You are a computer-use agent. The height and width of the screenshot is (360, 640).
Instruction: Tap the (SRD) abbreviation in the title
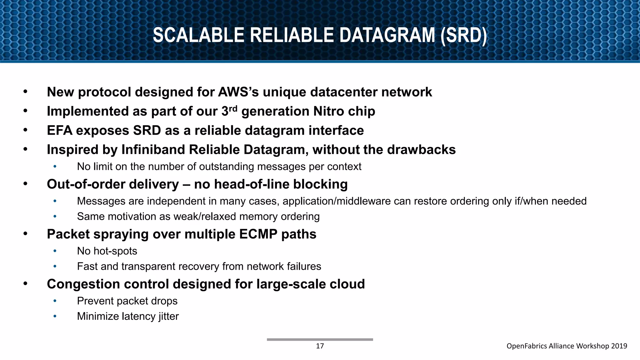coord(463,35)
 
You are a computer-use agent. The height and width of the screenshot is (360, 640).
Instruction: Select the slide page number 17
coord(320,346)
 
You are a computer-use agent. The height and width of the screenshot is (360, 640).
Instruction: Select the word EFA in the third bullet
coord(59,131)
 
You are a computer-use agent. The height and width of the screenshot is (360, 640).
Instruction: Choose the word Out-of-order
coord(86,184)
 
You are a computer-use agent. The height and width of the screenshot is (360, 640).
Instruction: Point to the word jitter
coord(168,316)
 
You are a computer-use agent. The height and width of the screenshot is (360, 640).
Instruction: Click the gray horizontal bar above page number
coord(320,339)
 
